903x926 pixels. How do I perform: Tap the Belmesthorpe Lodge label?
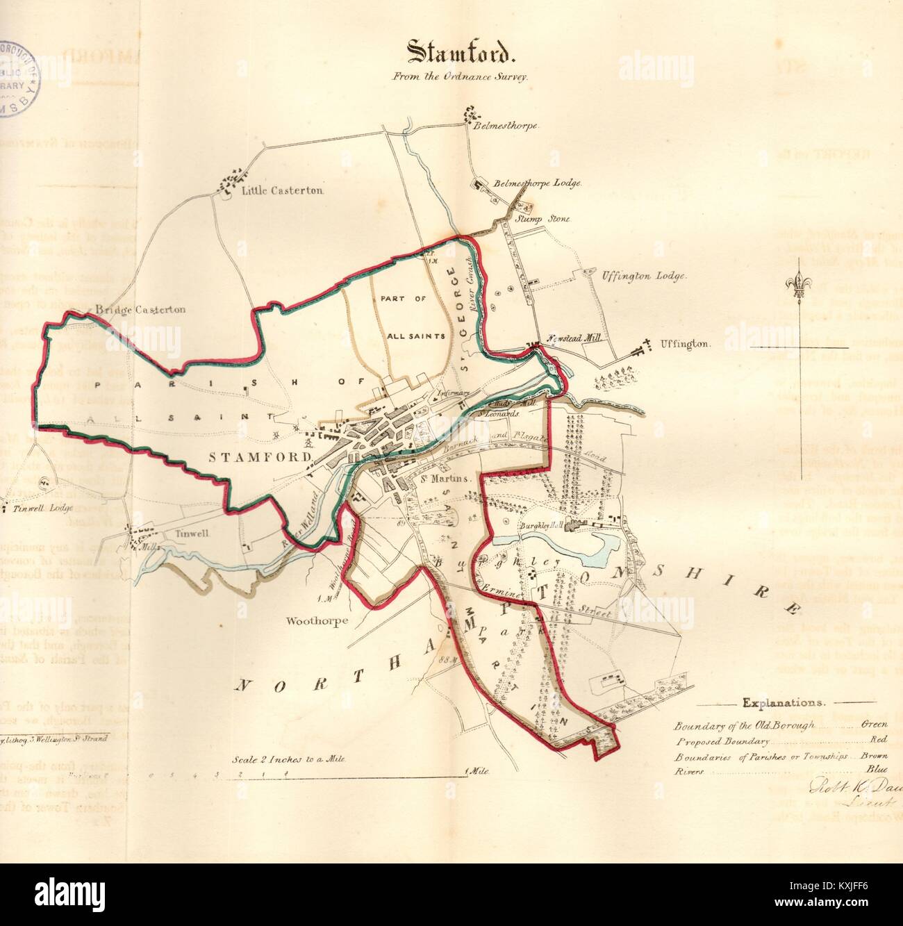(536, 184)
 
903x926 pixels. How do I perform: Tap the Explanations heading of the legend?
(784, 702)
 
